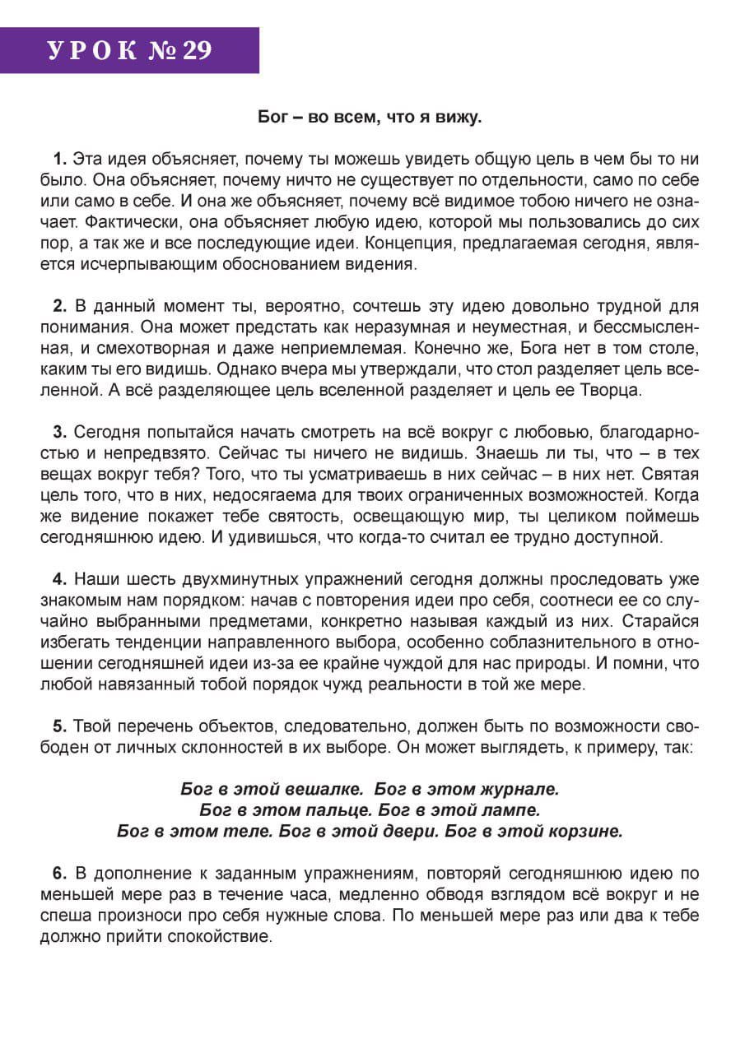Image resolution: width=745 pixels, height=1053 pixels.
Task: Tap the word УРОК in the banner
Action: (x=91, y=51)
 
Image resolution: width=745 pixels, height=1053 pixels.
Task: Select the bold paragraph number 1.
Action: (x=59, y=158)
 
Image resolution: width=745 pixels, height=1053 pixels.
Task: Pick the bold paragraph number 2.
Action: (x=60, y=307)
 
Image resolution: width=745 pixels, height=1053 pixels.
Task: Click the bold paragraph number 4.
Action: (x=60, y=580)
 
